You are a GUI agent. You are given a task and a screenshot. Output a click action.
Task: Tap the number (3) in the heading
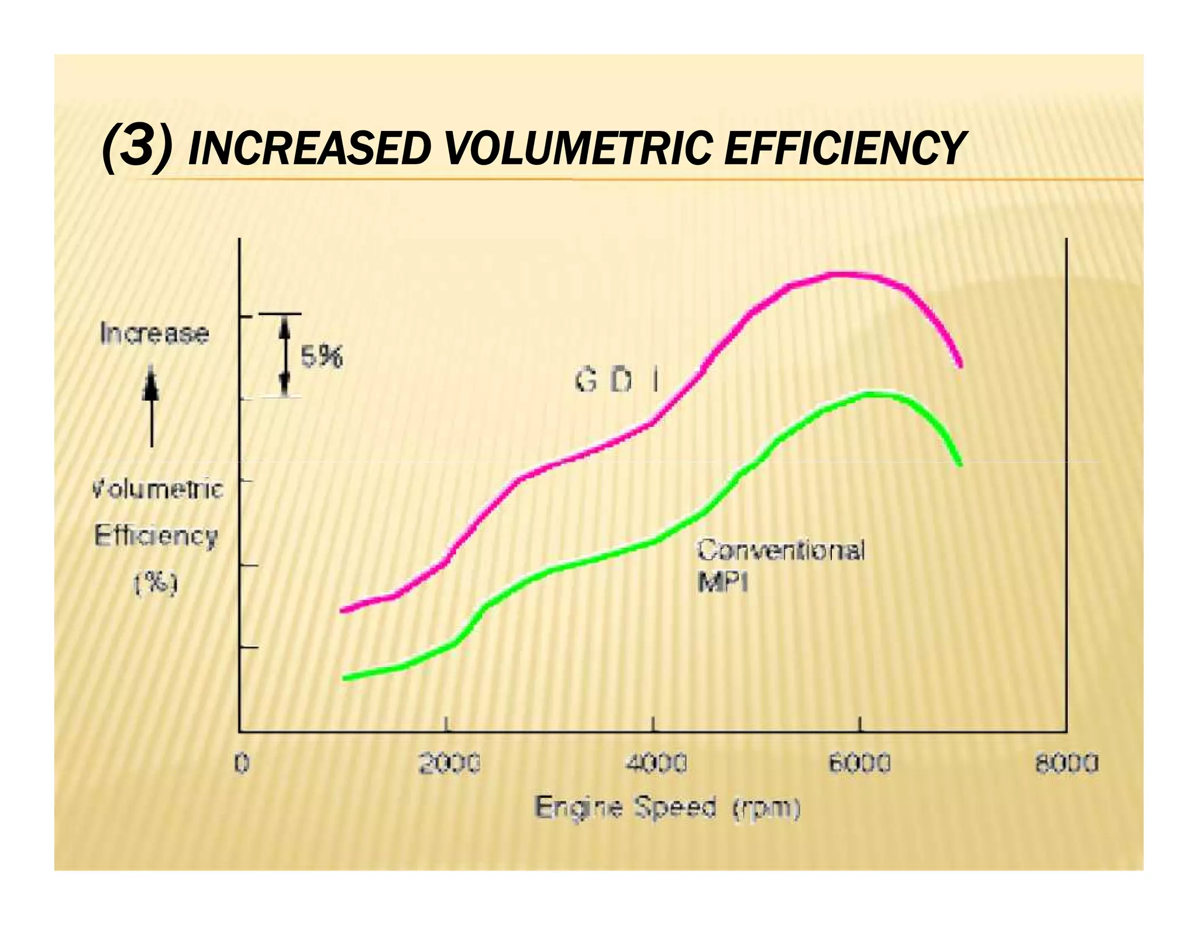(137, 148)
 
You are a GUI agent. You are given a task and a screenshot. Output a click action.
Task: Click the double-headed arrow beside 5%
(284, 355)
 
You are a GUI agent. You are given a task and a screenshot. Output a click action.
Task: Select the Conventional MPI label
(779, 565)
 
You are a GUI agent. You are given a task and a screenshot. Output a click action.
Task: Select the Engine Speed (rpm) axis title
(667, 809)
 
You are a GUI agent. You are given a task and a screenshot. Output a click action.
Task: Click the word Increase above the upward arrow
(154, 334)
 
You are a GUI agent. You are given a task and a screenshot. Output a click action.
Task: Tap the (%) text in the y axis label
(156, 583)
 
